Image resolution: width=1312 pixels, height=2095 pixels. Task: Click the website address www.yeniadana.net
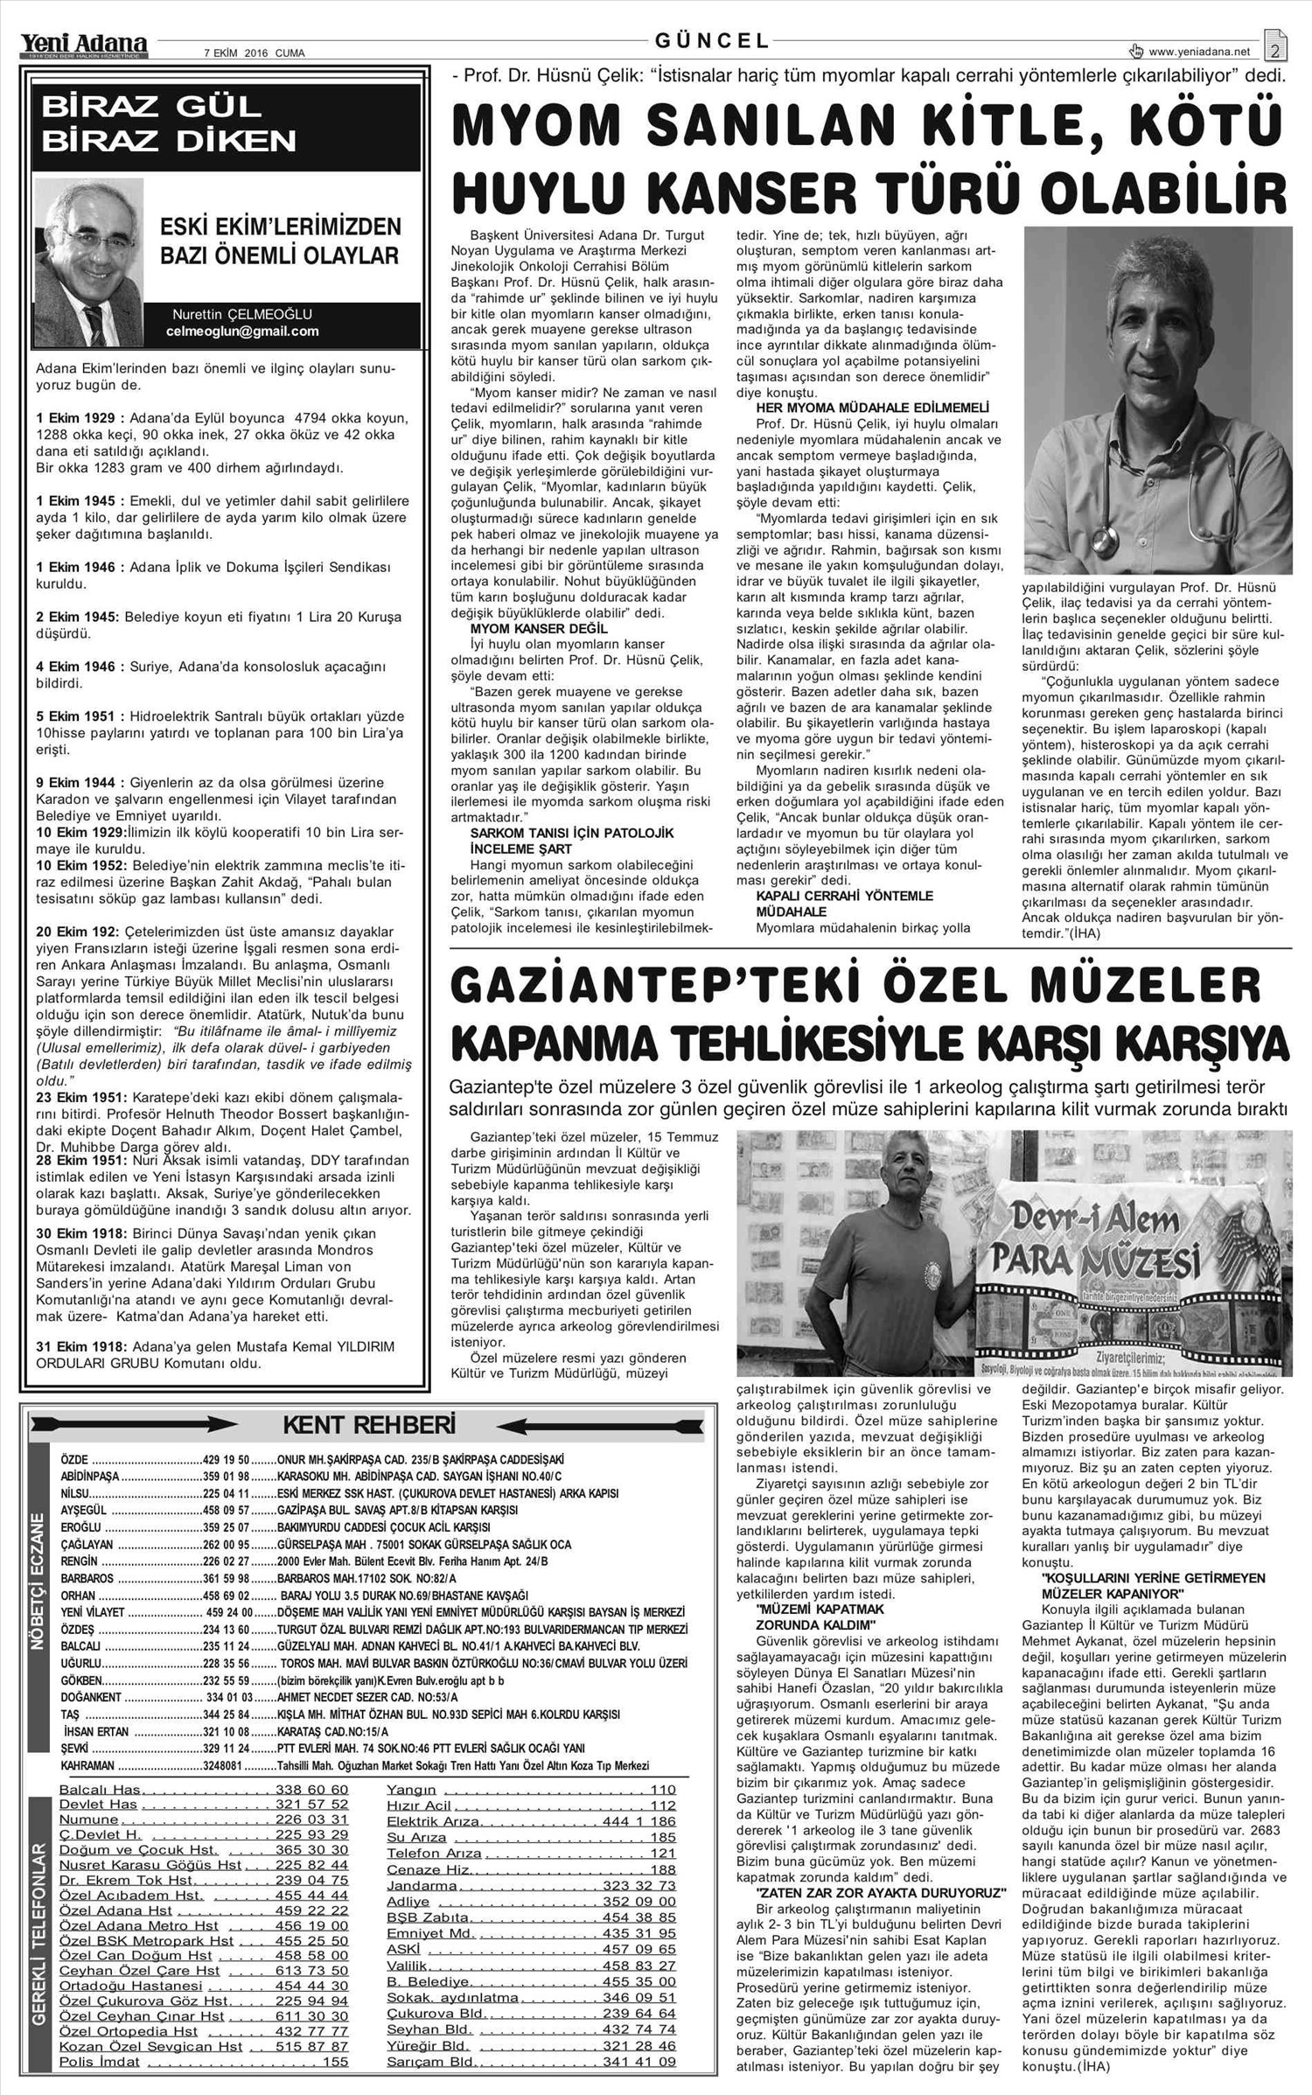(x=1209, y=52)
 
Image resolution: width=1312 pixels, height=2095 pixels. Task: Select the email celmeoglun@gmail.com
(x=242, y=332)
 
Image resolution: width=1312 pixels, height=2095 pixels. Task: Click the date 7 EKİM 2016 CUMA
(x=254, y=53)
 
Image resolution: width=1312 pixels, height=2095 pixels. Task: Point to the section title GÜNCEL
(x=713, y=40)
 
